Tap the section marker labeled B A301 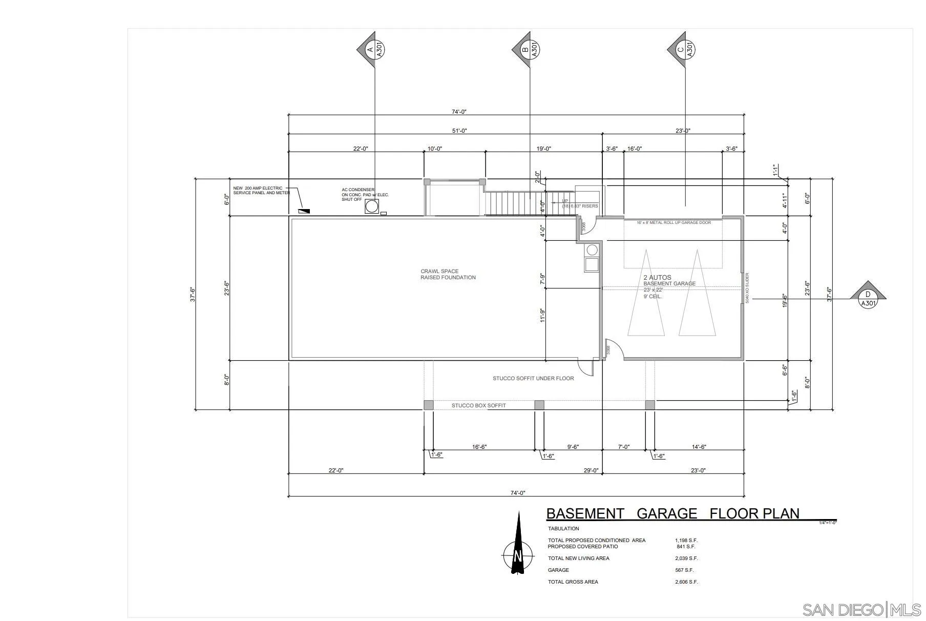[528, 50]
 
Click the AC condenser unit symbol [372, 206]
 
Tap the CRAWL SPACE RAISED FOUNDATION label [448, 275]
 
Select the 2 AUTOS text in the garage [657, 277]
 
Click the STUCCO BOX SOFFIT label [478, 405]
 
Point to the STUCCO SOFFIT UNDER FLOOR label [533, 378]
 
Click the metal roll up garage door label [673, 222]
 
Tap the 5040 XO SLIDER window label [747, 288]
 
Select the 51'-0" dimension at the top [459, 131]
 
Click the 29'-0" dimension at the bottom [591, 470]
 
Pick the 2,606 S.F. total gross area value [686, 582]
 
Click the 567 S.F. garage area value [684, 570]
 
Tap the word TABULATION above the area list [563, 528]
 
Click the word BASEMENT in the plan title [585, 513]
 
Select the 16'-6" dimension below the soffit [479, 447]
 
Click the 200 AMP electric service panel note [261, 190]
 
